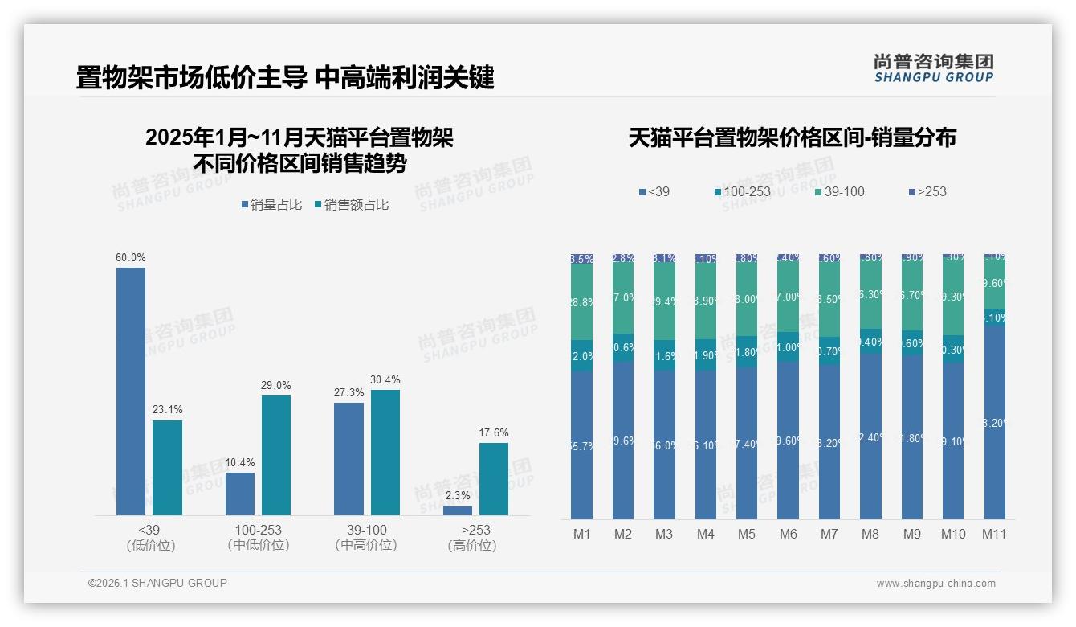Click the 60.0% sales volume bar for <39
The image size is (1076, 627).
(131, 391)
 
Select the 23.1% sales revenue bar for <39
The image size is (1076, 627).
(167, 467)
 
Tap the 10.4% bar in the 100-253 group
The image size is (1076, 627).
(240, 494)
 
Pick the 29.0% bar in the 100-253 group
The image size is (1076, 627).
(276, 455)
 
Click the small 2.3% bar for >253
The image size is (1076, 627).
(458, 510)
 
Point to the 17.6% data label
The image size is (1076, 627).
(494, 432)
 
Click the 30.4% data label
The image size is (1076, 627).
(385, 379)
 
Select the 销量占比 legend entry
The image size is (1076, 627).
(271, 205)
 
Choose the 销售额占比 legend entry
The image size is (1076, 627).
(352, 205)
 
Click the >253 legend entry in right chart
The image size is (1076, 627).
(927, 191)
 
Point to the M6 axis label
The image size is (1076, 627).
(788, 534)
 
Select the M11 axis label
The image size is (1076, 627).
(994, 534)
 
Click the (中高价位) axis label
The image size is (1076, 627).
(367, 545)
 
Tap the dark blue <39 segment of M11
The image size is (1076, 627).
(995, 422)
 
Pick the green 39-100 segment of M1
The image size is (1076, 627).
(582, 302)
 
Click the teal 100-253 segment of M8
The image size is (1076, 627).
(870, 342)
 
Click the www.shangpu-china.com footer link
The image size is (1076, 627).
(935, 584)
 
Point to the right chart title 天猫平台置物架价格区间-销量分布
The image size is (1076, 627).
(792, 137)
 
